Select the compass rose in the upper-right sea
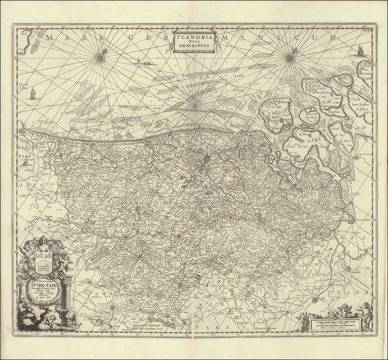[289, 57]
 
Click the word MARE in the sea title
[61, 37]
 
